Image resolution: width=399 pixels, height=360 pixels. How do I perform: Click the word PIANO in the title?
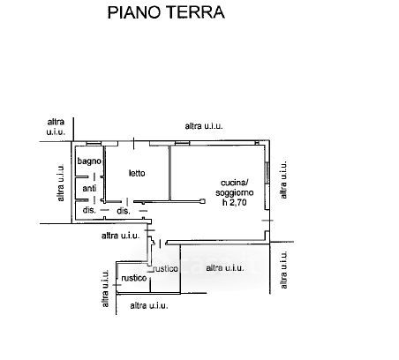(135, 12)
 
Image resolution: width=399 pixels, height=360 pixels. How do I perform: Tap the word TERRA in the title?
(195, 12)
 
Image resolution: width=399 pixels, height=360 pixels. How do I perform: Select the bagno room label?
(89, 161)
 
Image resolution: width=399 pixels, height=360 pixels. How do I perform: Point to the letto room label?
(137, 173)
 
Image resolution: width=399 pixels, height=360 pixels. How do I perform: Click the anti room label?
(89, 188)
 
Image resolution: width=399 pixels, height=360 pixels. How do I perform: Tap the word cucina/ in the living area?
(235, 183)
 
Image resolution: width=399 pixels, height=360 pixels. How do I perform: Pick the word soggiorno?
(235, 193)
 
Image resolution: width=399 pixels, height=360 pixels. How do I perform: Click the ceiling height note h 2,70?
(235, 202)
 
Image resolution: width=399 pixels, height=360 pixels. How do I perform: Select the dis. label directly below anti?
(89, 210)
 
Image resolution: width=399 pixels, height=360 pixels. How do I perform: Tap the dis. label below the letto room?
(124, 211)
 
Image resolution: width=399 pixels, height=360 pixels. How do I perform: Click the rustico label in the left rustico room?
(134, 278)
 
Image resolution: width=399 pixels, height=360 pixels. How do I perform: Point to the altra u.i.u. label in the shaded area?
(225, 268)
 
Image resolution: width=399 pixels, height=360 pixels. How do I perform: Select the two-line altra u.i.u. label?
(56, 127)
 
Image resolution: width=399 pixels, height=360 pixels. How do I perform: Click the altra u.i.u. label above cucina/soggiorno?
(204, 126)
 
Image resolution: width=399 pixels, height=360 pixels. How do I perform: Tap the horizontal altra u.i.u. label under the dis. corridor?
(120, 236)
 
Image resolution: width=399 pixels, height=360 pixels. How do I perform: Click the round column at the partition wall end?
(202, 201)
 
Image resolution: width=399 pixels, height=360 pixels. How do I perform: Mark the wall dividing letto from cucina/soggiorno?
(169, 174)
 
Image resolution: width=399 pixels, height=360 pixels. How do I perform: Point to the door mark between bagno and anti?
(94, 177)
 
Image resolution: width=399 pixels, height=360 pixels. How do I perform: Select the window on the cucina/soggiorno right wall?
(267, 173)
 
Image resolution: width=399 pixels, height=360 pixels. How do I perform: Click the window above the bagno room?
(94, 144)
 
